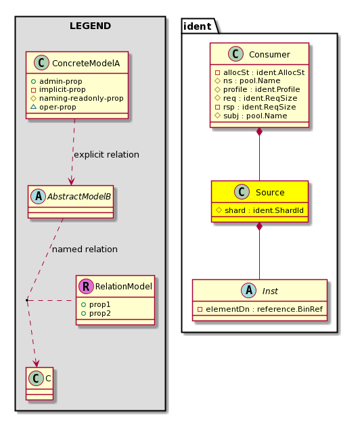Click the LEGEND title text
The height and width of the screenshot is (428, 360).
click(90, 26)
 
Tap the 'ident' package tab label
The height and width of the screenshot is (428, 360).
click(197, 26)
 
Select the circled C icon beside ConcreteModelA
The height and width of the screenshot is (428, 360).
click(41, 63)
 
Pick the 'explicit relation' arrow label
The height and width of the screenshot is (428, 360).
click(106, 155)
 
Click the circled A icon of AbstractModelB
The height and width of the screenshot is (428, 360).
click(39, 196)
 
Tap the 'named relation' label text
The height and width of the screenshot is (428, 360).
click(85, 249)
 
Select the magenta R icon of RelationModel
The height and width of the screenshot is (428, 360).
click(86, 286)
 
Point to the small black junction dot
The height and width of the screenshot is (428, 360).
click(27, 300)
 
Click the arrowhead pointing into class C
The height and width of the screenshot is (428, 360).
click(36, 363)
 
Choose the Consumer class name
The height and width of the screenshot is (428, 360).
click(269, 55)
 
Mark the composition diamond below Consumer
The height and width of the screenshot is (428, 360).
click(259, 132)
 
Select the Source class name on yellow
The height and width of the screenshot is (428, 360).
click(270, 193)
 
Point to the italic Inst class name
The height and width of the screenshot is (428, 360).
click(270, 291)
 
